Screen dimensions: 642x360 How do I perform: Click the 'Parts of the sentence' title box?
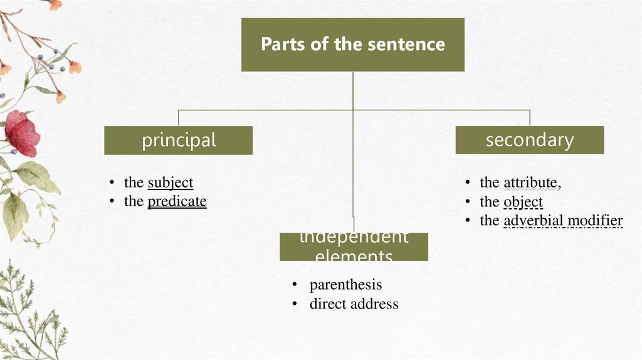click(352, 45)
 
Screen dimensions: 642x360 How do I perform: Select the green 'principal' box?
click(179, 140)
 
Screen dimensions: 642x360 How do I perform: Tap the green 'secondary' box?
click(530, 140)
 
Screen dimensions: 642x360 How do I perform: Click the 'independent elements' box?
click(354, 246)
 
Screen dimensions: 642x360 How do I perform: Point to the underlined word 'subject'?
click(170, 183)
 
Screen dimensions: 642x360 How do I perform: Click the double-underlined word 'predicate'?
click(177, 201)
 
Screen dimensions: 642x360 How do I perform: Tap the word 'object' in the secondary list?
click(523, 202)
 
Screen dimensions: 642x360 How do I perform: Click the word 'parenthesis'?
click(345, 285)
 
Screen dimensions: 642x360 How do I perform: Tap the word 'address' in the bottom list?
click(375, 304)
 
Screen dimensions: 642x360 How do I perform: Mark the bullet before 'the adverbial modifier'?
click(467, 221)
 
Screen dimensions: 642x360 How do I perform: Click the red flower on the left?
click(21, 133)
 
